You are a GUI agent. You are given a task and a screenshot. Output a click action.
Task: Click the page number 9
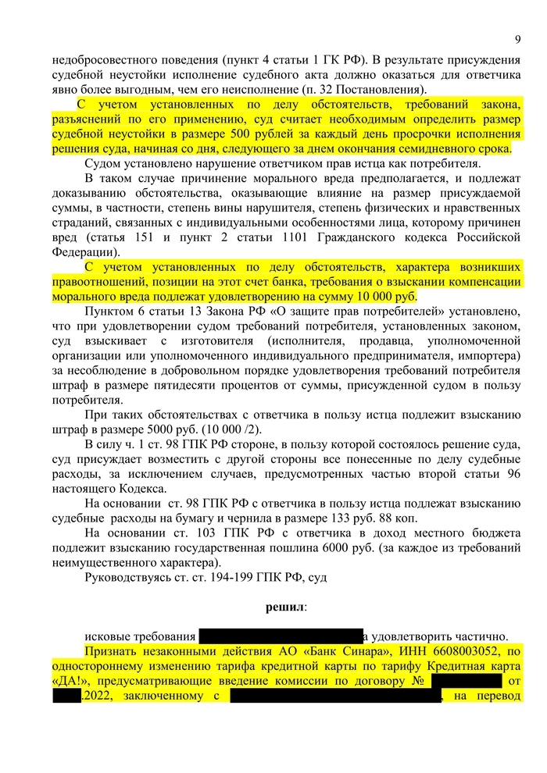coord(517,40)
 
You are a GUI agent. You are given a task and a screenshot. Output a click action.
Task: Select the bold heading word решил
coord(285,606)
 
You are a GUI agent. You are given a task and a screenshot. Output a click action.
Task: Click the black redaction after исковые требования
coord(281,636)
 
